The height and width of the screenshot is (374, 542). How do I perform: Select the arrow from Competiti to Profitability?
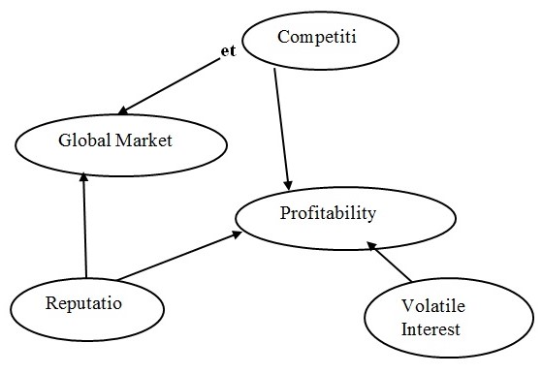tap(281, 126)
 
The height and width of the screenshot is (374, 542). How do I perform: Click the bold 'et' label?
tap(228, 50)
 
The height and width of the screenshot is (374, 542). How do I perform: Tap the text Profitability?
tap(327, 212)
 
